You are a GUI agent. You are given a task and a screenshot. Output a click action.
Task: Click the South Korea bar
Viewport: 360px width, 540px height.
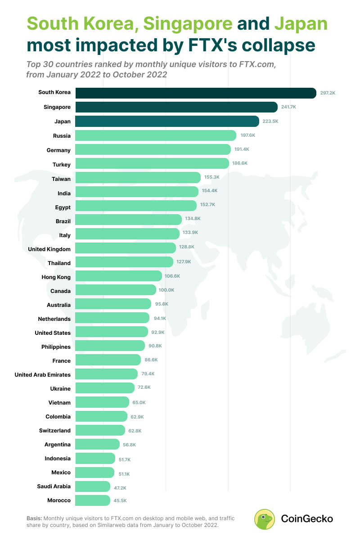(x=196, y=93)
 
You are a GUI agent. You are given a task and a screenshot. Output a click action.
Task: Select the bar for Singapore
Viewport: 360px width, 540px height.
(x=176, y=107)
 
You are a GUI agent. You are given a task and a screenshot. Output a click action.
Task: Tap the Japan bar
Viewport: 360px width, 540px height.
(x=167, y=121)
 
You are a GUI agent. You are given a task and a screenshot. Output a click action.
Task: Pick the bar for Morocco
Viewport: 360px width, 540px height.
(x=93, y=500)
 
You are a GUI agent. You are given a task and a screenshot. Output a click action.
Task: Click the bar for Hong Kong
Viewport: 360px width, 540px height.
(x=118, y=276)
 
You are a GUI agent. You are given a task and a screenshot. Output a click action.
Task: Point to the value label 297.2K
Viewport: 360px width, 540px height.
(x=328, y=93)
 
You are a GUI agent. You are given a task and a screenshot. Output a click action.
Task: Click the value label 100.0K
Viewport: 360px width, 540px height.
(x=166, y=290)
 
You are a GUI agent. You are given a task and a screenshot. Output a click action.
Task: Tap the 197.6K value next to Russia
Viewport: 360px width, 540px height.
(x=247, y=135)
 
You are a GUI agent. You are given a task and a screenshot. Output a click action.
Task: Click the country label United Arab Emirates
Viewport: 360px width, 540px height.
(x=42, y=374)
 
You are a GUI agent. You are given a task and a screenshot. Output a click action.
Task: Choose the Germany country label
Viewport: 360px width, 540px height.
(x=58, y=150)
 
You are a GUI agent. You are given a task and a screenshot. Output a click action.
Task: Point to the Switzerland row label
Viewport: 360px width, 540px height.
(x=55, y=431)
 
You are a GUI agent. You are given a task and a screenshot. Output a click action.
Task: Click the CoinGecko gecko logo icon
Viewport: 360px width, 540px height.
(x=264, y=519)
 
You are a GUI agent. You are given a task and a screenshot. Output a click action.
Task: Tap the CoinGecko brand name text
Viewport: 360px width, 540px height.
(x=307, y=519)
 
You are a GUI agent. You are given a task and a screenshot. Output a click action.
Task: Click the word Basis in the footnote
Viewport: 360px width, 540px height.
(x=34, y=518)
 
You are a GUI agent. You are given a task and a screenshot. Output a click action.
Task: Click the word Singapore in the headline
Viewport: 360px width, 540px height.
(x=188, y=24)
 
